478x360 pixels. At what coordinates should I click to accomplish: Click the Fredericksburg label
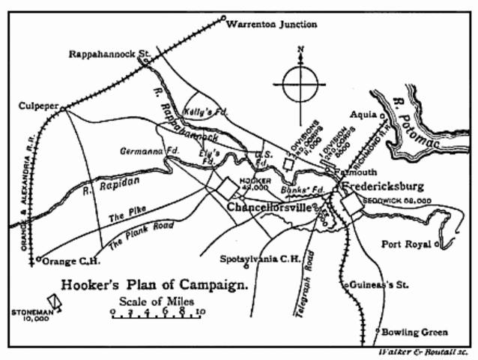pos(382,185)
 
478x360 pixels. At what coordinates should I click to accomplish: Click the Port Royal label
pos(405,244)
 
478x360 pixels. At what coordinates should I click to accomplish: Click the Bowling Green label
pos(414,331)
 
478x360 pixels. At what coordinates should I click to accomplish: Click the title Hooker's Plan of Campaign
pos(154,286)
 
